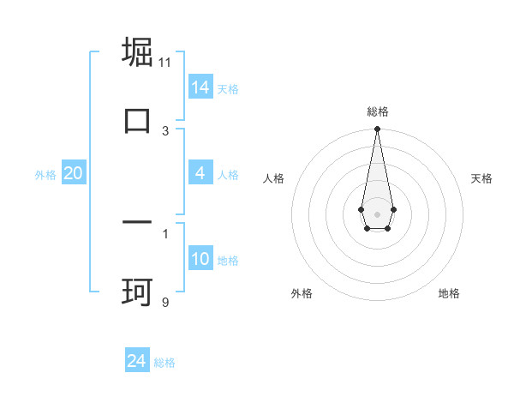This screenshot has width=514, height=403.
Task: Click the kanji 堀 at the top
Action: pos(138,52)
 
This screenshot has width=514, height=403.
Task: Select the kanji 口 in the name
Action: pos(138,120)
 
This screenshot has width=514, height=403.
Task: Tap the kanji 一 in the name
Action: pos(138,222)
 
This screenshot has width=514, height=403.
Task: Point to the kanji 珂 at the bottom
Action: pos(138,291)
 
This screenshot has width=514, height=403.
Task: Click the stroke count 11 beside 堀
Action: pos(165,63)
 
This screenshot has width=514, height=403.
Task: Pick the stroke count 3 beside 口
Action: pos(165,130)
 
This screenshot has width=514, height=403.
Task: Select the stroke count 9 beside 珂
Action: pos(165,301)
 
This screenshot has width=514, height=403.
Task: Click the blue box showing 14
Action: pos(200,87)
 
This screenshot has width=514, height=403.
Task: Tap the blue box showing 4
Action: pos(200,173)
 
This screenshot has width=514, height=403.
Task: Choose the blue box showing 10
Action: pos(200,259)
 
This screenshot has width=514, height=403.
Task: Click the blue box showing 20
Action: pos(73,173)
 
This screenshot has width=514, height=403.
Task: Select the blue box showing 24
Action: pos(137,361)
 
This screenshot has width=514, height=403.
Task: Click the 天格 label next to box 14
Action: pos(228,88)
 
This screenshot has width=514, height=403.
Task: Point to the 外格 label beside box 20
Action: pos(45,175)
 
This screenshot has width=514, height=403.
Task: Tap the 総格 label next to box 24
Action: pos(164,363)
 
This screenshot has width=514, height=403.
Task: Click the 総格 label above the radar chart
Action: pos(377,111)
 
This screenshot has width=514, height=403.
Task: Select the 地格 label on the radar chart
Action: pos(449,294)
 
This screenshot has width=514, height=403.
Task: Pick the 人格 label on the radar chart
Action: pos(274,178)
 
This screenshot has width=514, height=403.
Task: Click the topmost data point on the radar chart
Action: pos(377,129)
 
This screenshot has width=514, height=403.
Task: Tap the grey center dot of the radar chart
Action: pos(377,214)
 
